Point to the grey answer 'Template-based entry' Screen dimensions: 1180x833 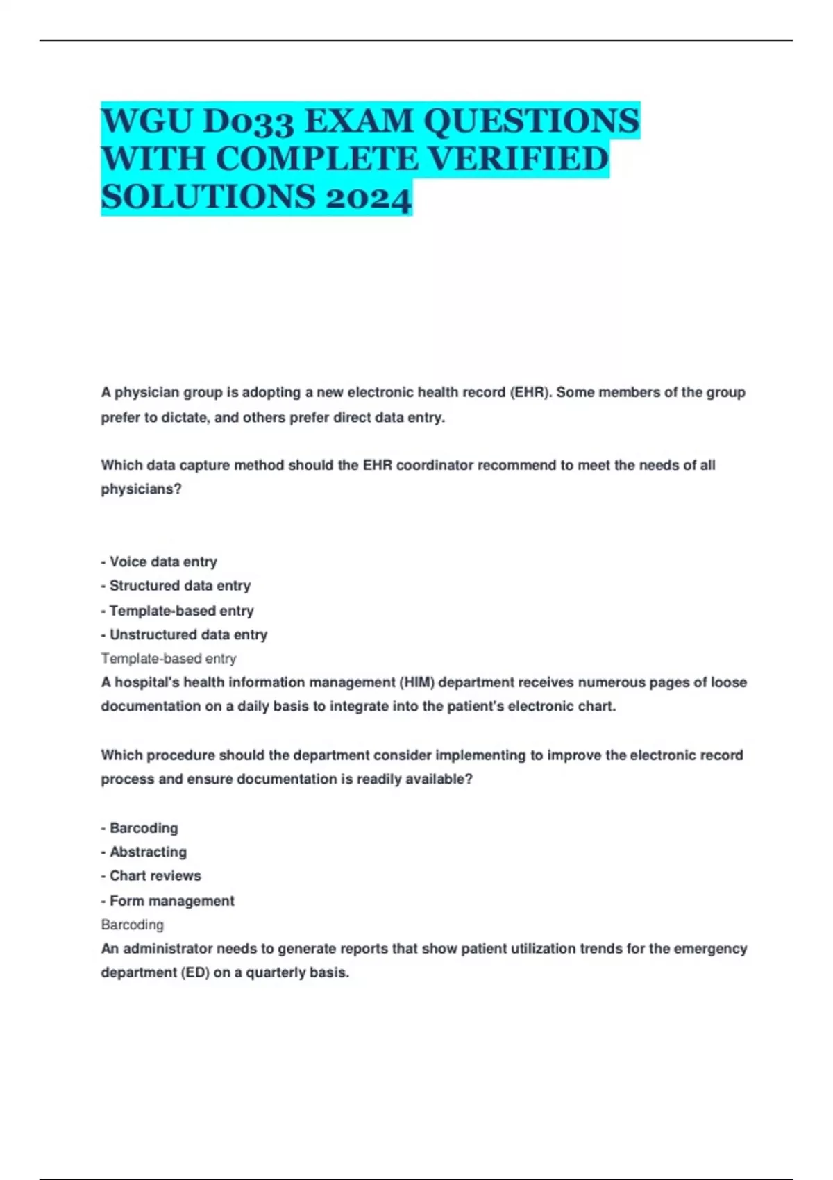[169, 658]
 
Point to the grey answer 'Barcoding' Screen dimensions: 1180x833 [133, 925]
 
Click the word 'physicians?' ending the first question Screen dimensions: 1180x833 [141, 489]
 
